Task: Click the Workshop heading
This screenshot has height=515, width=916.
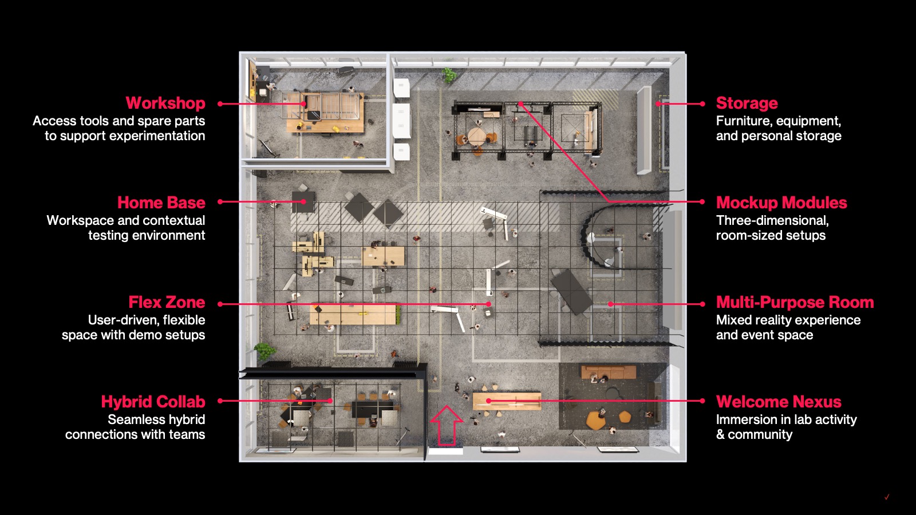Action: coord(165,104)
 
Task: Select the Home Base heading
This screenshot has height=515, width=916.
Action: coord(161,203)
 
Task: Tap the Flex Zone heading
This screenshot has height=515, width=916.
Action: coord(167,303)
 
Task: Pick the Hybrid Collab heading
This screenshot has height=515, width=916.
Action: coord(153,402)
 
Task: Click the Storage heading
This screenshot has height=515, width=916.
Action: coord(747,104)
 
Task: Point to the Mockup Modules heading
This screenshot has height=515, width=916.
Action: coord(781,203)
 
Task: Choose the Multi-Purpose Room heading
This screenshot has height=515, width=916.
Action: coord(795,303)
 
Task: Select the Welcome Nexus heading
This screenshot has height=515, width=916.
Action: coord(779,402)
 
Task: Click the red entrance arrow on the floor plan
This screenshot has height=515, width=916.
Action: coord(447,425)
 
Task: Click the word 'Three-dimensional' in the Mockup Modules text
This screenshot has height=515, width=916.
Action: coord(772,221)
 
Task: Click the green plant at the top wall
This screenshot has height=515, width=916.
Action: coord(449,75)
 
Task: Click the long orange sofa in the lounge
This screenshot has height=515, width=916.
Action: coord(609,372)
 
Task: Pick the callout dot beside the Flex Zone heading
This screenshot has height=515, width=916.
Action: coord(220,304)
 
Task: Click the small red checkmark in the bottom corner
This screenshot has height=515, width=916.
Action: coord(887,497)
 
